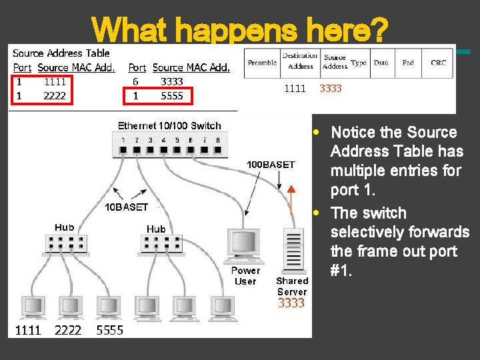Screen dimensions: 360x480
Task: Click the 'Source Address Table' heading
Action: pos(61,53)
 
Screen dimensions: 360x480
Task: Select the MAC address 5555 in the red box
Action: pos(171,95)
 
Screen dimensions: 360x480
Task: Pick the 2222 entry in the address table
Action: pos(55,95)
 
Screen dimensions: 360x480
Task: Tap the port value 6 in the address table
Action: pos(135,81)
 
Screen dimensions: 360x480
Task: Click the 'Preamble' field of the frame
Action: pos(262,63)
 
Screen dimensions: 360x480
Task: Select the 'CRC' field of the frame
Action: pos(438,63)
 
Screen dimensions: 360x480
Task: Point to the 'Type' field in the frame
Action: pos(359,63)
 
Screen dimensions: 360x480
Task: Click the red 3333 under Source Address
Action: pos(331,88)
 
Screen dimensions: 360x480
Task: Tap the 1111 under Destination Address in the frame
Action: pos(295,88)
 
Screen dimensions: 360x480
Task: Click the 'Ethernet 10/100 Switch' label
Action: pos(169,125)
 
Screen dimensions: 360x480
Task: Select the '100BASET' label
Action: pos(271,164)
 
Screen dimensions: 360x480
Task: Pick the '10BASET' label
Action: pos(126,207)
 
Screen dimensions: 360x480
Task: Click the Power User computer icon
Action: pos(244,245)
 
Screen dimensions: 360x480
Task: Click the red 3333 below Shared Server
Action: pos(291,303)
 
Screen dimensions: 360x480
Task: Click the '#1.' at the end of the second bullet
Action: pos(344,271)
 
